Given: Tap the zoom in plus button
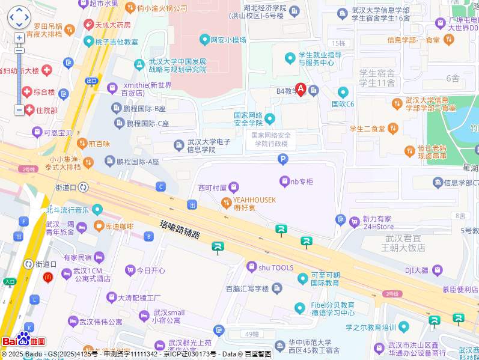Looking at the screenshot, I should point(19,38).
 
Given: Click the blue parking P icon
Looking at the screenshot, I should point(282,159).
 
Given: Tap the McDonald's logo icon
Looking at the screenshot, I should point(47,277).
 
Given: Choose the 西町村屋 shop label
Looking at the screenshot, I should point(213,188).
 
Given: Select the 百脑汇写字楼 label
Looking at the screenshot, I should point(247,288).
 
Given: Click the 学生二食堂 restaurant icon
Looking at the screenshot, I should point(392,128).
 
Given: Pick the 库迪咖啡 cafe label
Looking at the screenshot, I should point(119,226).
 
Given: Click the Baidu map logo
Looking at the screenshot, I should point(24,340).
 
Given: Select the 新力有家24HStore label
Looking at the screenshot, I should point(377,223).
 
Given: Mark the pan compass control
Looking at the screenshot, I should point(19,17).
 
